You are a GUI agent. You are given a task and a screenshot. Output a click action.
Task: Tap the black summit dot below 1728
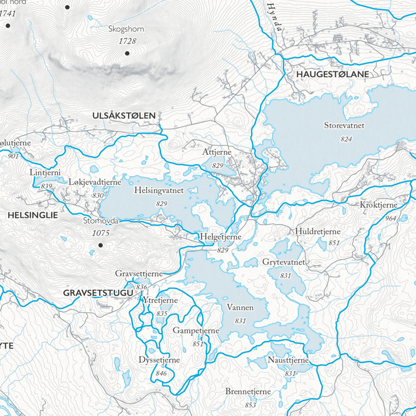[127, 53]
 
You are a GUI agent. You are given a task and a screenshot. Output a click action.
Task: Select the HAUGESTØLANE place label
[332, 74]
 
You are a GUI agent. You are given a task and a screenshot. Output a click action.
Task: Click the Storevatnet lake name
[344, 126]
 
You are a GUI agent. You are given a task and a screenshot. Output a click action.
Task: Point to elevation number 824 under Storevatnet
[346, 139]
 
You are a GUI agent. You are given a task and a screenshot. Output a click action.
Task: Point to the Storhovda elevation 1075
[100, 233]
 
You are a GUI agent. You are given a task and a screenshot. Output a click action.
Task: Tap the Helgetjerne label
[221, 237]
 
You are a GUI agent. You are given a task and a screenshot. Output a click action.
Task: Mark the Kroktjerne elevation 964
[390, 219]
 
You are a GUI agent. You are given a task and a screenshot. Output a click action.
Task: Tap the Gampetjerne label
[196, 331]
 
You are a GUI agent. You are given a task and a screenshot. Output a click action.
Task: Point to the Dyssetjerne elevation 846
[161, 373]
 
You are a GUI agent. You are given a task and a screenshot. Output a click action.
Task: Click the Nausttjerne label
[288, 361]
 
